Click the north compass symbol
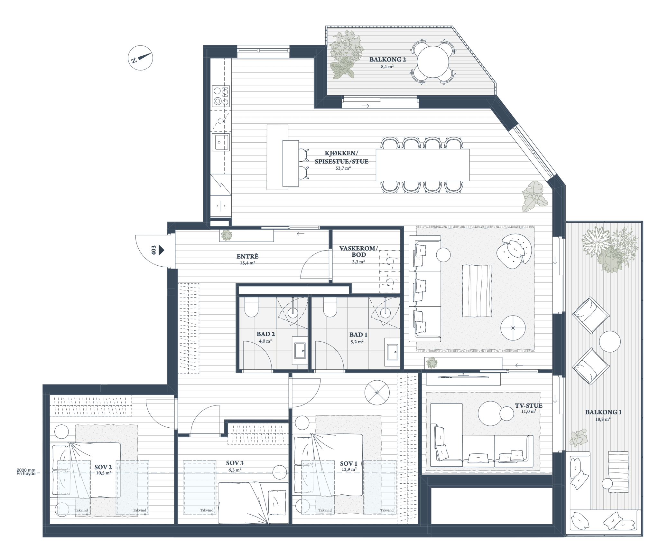[x=140, y=58]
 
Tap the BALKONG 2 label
[x=388, y=60]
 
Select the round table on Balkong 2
[x=433, y=62]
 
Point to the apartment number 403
[x=154, y=250]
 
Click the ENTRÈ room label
[x=247, y=257]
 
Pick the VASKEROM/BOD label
[x=359, y=252]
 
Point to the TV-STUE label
[x=528, y=406]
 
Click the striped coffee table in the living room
[x=477, y=290]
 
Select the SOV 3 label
[x=235, y=463]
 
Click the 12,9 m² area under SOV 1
[x=349, y=470]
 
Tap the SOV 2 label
[x=103, y=467]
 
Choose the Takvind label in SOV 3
[x=207, y=519]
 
